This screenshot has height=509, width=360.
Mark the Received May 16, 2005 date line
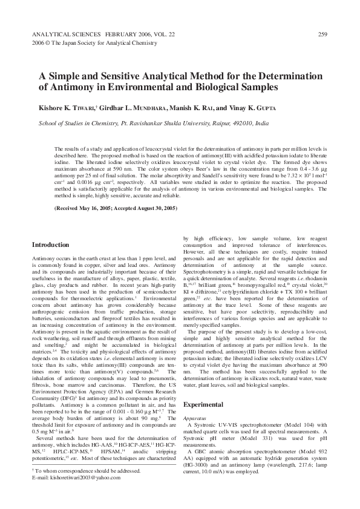click(x=115, y=208)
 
